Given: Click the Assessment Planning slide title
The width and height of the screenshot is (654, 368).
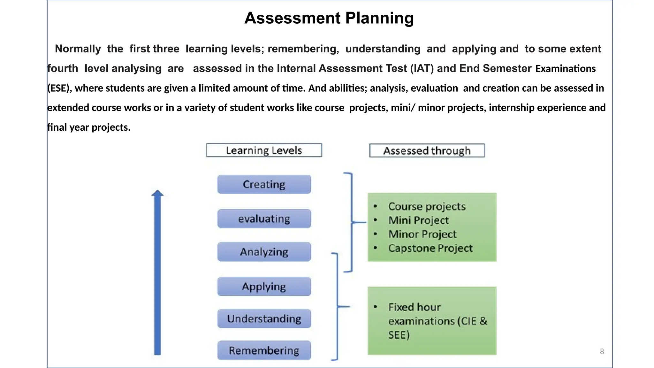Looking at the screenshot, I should pyautogui.click(x=329, y=18).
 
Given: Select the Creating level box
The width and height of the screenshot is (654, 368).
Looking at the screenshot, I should pyautogui.click(x=264, y=184).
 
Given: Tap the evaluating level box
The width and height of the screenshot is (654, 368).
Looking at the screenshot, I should pyautogui.click(x=264, y=219).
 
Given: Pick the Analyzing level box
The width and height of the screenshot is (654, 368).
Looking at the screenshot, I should pyautogui.click(x=264, y=252).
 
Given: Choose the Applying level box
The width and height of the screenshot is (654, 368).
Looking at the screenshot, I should pyautogui.click(x=264, y=287).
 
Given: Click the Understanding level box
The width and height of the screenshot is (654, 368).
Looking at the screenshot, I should pyautogui.click(x=264, y=318).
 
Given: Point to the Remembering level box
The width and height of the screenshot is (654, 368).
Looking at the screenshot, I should pyautogui.click(x=264, y=350).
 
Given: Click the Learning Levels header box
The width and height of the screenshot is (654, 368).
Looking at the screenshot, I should pyautogui.click(x=264, y=150).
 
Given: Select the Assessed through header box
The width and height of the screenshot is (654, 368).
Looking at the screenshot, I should pyautogui.click(x=427, y=150).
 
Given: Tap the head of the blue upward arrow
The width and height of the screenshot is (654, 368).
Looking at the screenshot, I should pyautogui.click(x=157, y=193).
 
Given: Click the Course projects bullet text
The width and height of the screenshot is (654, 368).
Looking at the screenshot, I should pyautogui.click(x=427, y=206).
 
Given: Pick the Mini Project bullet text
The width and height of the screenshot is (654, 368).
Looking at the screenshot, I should pyautogui.click(x=418, y=220).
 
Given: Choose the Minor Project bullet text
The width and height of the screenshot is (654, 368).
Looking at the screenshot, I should pyautogui.click(x=422, y=234).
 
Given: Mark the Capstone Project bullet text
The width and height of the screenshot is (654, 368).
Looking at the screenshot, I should pyautogui.click(x=430, y=248).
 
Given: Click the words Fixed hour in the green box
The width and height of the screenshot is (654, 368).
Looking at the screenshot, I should pyautogui.click(x=414, y=307).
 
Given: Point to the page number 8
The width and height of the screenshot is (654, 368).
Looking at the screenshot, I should pyautogui.click(x=602, y=351).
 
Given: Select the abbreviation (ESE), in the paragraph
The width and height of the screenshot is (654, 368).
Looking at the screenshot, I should pyautogui.click(x=60, y=88).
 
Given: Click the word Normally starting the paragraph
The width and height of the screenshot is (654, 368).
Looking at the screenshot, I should pyautogui.click(x=78, y=49).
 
